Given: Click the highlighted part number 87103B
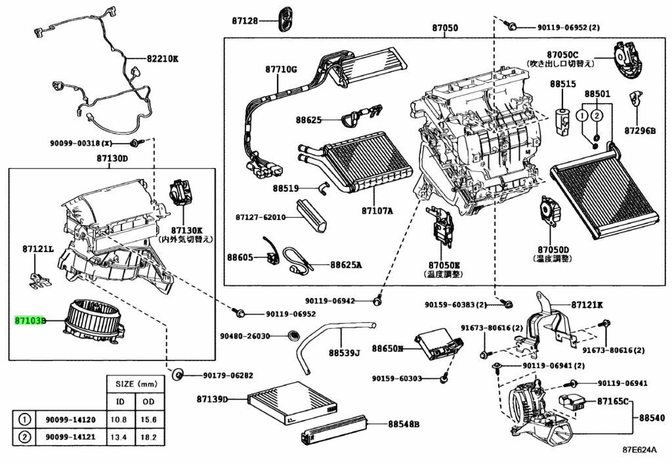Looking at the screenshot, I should tap(31, 321).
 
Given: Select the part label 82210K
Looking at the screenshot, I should tap(162, 59).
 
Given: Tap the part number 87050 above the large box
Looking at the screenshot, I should tap(445, 28).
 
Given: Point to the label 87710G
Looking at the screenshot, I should tap(282, 69).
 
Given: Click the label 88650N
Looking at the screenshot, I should tap(387, 348).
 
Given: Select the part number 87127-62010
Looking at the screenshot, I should tap(262, 217).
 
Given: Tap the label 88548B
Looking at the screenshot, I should tap(403, 425).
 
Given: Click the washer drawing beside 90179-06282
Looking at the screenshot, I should tap(177, 375).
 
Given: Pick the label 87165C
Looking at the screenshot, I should tap(613, 400).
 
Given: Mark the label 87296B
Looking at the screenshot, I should tap(640, 131).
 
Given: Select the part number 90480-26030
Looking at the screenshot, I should tap(245, 336).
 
